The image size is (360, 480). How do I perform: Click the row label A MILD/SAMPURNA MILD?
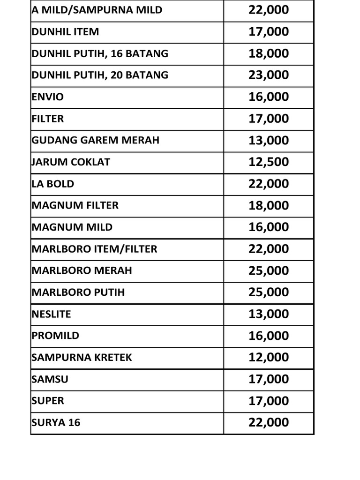97,10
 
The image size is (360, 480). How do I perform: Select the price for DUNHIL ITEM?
269,32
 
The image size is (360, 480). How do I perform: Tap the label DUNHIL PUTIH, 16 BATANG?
100,53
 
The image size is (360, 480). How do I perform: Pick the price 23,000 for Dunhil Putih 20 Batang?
269,75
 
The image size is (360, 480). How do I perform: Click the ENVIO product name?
48,97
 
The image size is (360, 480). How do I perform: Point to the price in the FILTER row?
269,119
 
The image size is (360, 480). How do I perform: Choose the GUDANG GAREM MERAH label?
96,140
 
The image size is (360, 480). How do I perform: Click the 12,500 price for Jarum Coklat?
269,162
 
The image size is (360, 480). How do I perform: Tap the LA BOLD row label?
53,184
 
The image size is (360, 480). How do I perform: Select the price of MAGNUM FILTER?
269,205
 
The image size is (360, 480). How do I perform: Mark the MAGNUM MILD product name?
72,227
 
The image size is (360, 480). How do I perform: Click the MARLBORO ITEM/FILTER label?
95,249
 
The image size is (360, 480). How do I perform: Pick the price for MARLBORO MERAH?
269,270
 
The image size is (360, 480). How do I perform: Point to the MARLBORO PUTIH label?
78,292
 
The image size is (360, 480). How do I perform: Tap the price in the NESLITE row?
269,314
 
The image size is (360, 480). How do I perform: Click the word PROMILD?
56,336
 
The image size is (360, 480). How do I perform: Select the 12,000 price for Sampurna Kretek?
269,357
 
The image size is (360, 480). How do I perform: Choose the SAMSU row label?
50,379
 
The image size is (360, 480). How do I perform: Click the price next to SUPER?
269,401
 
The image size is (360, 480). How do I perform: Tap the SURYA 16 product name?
56,422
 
